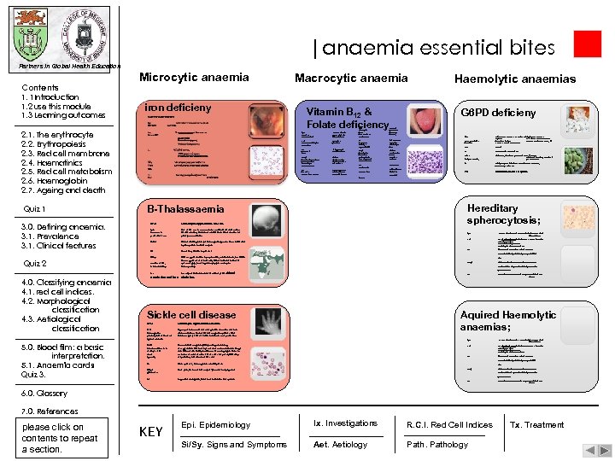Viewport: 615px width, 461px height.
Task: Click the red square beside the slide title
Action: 587,44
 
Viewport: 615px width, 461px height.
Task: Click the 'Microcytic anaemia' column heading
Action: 194,78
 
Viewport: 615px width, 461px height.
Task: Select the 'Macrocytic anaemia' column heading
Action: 351,79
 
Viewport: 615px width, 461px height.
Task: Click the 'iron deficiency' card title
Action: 179,108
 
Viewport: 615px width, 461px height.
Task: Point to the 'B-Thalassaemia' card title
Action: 186,209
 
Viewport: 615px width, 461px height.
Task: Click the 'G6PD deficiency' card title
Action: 499,113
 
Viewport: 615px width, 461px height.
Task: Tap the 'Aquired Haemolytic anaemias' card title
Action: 507,320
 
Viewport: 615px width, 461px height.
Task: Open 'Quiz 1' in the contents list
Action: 35,209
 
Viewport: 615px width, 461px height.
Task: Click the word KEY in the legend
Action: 150,432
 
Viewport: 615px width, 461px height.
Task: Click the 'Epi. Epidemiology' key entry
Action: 215,425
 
